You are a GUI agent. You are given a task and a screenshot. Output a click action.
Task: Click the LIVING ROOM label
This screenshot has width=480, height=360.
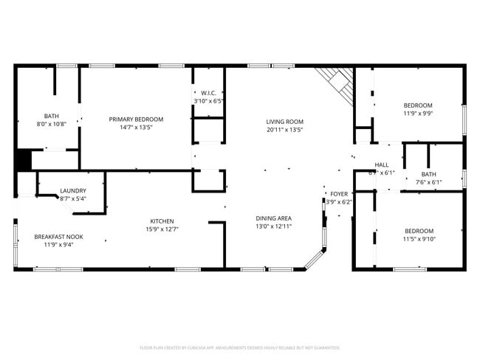pos(284,122)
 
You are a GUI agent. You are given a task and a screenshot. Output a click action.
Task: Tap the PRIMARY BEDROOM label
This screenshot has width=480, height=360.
pos(136,119)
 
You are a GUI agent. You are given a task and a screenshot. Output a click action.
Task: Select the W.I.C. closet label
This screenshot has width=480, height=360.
pos(208,93)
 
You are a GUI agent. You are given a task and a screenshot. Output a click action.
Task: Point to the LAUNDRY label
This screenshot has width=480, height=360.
pos(73,190)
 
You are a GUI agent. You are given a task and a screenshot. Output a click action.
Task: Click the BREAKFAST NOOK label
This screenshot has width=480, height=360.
pos(58,237)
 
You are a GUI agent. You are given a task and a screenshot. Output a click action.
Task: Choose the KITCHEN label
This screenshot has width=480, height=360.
pos(162,221)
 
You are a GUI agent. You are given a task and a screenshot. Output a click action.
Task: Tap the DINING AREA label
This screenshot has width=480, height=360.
pos(273,218)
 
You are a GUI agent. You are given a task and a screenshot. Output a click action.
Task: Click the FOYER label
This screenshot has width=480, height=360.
pos(339,193)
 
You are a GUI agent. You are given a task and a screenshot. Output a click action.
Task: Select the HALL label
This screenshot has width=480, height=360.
pos(382,165)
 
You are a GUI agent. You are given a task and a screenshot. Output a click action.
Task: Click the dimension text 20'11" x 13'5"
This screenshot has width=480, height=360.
pos(284,130)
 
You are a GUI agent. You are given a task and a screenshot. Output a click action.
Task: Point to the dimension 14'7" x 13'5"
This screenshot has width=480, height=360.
pos(136,127)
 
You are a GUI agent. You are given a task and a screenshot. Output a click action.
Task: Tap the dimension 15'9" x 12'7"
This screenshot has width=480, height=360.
pos(162,229)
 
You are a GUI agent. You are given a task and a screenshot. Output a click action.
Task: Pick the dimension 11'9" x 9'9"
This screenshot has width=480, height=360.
pos(418,114)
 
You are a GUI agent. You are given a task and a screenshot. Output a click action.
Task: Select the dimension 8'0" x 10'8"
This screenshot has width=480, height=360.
pos(51,124)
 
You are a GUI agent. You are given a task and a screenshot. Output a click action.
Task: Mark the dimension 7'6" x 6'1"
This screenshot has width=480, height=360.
pos(428,182)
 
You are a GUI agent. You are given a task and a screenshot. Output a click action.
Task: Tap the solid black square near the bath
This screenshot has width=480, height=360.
pos(23,159)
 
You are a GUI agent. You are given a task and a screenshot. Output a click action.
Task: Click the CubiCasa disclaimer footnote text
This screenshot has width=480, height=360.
pos(240,347)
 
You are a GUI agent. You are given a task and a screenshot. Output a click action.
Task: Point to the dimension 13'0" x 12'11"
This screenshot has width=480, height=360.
pos(273,226)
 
